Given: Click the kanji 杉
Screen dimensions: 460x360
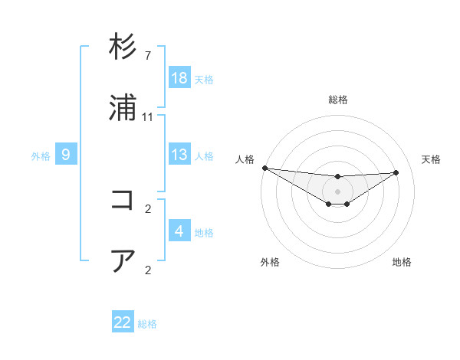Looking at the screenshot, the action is coord(123,47).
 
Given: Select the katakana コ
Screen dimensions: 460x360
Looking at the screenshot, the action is coord(123,200).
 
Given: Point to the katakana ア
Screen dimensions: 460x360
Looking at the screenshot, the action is coord(123,261).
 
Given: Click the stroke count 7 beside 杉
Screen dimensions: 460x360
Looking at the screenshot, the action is coord(147,56).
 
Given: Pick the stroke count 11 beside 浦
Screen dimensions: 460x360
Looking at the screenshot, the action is coord(148,117).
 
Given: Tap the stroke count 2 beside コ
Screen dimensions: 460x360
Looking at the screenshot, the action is coord(147,208).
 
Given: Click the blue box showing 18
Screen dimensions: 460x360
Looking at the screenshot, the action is coord(179,78).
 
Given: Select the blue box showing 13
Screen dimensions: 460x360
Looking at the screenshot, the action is coord(179,155).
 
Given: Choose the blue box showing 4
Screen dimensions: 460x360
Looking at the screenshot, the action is coord(179,231).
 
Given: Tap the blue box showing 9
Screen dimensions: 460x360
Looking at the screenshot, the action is coord(66,155).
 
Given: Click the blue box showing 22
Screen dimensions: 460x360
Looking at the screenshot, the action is coord(123,322).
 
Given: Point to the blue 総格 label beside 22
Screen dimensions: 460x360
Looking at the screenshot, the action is coord(147,324).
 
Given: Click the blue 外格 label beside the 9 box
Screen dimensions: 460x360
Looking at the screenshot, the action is coord(41,156).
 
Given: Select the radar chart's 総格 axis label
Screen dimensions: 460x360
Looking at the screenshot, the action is coord(337,100).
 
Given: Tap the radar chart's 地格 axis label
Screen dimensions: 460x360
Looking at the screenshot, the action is coord(402,262).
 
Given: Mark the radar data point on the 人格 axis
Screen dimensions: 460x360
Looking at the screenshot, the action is coord(264,168).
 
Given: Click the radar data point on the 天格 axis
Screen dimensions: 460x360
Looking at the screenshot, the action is coord(396,172).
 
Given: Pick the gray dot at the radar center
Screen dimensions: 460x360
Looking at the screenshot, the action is coord(337,191).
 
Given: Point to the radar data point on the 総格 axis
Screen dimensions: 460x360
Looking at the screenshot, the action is coord(337,177).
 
